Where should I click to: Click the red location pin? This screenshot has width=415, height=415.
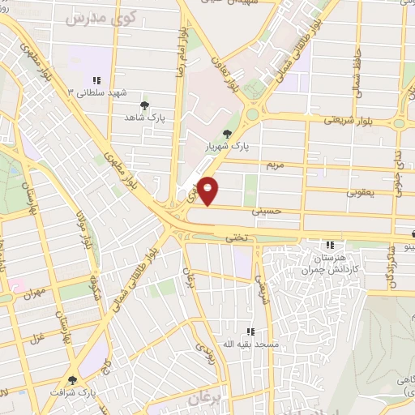pos(208,190)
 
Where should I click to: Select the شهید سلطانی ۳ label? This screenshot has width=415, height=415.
pos(104,92)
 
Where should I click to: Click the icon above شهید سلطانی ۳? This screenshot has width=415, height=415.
pos(96,79)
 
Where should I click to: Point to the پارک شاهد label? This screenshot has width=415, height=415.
pos(145,118)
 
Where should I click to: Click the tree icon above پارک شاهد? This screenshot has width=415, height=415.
pos(145,105)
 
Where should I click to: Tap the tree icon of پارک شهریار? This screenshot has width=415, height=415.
pos(227,135)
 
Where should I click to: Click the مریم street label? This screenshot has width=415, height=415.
pos(276,165)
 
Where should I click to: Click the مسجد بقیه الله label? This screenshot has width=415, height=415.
pos(250,344)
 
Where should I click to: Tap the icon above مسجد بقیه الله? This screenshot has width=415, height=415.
pos(250,331)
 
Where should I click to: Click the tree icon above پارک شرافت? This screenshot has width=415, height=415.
pos(73,379)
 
